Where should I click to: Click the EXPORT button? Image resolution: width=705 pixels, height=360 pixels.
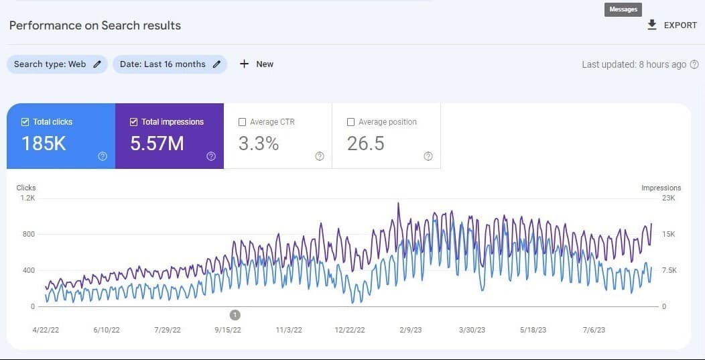click(672, 25)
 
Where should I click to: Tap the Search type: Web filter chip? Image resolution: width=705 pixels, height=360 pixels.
click(57, 64)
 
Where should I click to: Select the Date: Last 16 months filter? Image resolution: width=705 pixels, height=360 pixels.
click(170, 64)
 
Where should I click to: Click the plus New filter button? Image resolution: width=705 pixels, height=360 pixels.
click(257, 64)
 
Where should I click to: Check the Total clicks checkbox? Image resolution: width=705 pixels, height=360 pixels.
click(25, 122)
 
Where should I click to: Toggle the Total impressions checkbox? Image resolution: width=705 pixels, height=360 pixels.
click(134, 122)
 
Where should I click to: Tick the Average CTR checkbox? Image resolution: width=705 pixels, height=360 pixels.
click(243, 122)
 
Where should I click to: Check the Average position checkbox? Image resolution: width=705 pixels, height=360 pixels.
click(350, 122)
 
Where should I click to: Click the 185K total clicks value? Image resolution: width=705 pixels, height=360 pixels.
click(44, 143)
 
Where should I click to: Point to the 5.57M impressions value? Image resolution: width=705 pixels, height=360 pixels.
click(157, 143)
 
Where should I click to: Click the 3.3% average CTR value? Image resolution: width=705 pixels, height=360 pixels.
click(259, 143)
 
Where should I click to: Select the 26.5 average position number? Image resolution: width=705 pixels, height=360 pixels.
click(366, 143)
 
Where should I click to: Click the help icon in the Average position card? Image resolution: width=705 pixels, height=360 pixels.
click(428, 156)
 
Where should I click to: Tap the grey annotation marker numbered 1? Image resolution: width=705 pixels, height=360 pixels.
click(235, 314)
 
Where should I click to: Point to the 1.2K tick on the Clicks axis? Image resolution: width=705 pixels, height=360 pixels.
click(27, 198)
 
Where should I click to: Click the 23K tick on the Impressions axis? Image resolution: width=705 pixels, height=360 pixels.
click(669, 198)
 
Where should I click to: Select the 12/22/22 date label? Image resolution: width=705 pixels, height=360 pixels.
click(350, 330)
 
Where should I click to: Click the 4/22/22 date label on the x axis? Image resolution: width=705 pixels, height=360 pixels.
click(46, 330)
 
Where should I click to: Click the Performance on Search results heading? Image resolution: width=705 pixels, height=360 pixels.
click(95, 25)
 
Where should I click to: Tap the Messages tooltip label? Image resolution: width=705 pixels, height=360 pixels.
click(623, 9)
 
